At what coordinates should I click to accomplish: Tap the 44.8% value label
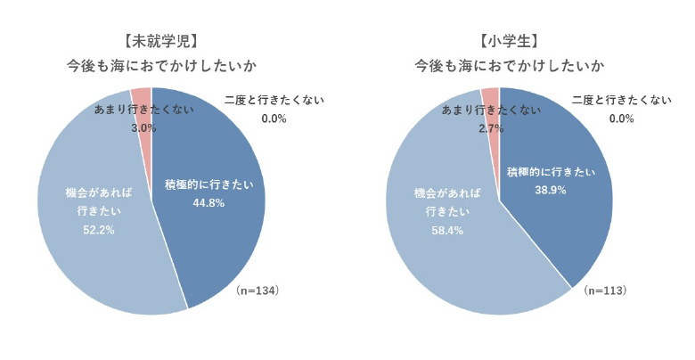pyautogui.click(x=208, y=202)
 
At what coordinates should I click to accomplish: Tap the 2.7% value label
pyautogui.click(x=490, y=128)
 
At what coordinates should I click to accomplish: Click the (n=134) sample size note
pyautogui.click(x=258, y=290)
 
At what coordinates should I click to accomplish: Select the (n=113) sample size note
pyautogui.click(x=606, y=290)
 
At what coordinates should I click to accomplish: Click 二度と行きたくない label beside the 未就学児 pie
pyautogui.click(x=274, y=101)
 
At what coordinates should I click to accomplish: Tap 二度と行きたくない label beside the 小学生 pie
pyautogui.click(x=621, y=101)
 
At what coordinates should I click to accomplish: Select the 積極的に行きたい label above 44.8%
pyautogui.click(x=208, y=184)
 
